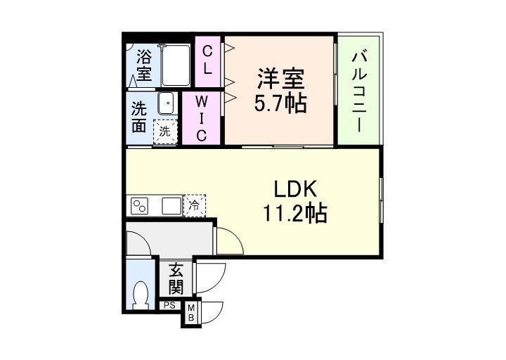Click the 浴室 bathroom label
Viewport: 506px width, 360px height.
[144, 63]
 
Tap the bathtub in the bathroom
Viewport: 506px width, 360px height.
[176, 65]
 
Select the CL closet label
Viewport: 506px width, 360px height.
[208, 60]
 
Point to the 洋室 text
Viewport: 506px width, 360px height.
[278, 75]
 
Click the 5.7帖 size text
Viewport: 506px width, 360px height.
[279, 104]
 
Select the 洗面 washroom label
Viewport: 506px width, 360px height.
[138, 117]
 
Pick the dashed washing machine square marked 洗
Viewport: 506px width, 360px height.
[165, 131]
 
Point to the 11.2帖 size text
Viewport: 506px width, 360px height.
[295, 214]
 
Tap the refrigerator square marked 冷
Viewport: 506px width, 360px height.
[193, 206]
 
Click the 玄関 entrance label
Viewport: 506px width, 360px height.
[175, 279]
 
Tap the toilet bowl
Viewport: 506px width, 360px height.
[141, 295]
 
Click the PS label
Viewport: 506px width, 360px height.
[169, 305]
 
